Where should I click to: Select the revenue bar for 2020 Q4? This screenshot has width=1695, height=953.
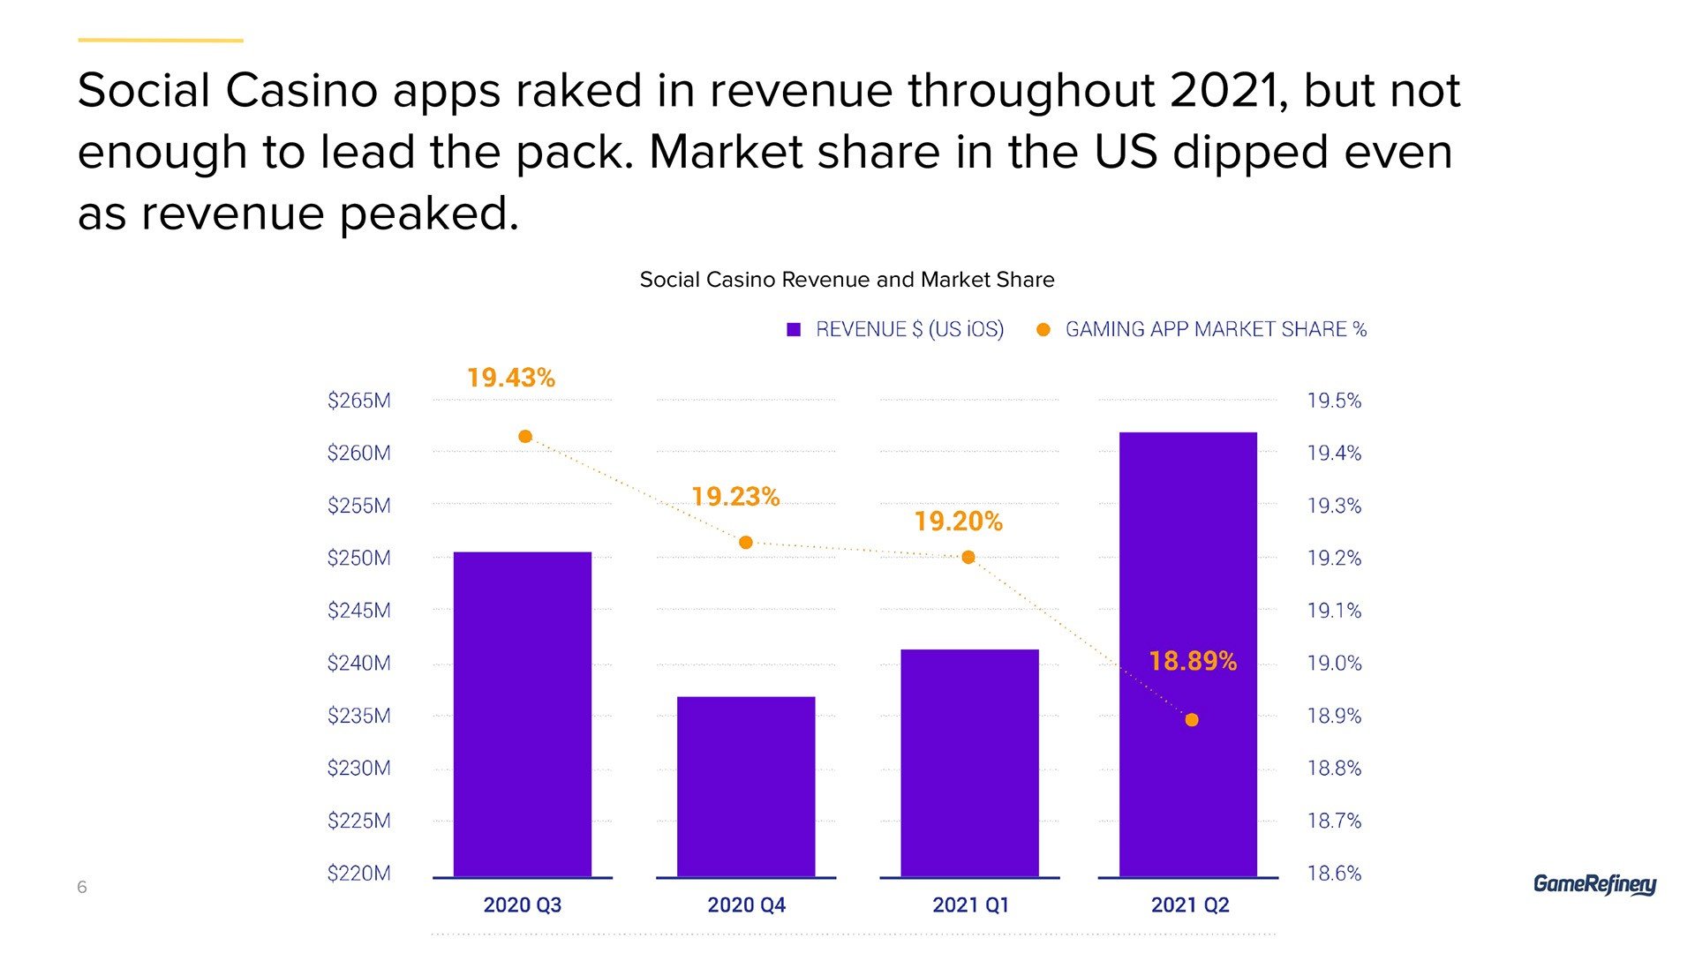tap(746, 785)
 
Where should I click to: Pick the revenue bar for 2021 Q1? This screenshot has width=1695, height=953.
tap(969, 762)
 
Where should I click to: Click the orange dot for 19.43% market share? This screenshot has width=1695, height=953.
tap(525, 437)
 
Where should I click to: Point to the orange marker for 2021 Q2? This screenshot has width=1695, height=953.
tap(1192, 720)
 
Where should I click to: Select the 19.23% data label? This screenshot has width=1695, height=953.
tap(735, 497)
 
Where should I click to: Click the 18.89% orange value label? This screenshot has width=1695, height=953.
tap(1193, 661)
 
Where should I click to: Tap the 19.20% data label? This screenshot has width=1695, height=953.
tap(959, 522)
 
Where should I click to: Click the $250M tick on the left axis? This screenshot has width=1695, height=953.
tap(358, 559)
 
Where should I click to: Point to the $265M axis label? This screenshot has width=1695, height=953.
tap(358, 401)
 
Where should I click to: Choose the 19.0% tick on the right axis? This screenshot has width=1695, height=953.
tap(1334, 664)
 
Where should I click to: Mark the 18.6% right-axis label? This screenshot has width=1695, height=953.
tap(1334, 874)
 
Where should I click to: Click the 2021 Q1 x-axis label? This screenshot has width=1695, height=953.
tap(970, 905)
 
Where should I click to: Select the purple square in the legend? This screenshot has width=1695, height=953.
tap(794, 330)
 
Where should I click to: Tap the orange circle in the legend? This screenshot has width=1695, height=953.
tap(1043, 330)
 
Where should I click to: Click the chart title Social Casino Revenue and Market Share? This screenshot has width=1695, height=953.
tap(847, 280)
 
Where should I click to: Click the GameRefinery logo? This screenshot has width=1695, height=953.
tap(1594, 884)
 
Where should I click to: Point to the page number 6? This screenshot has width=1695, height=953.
tap(82, 887)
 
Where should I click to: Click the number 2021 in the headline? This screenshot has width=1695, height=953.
tap(1223, 91)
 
